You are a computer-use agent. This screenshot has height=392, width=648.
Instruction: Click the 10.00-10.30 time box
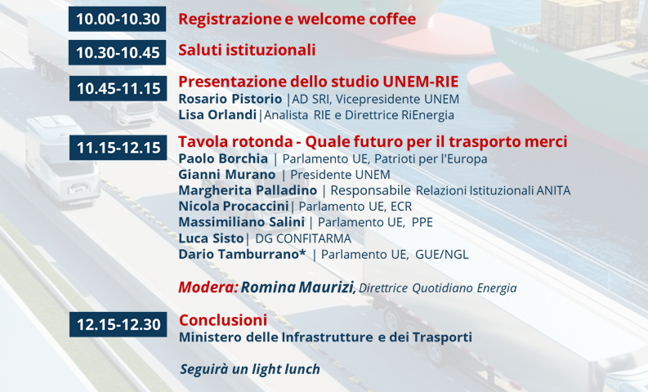pyautogui.click(x=118, y=19)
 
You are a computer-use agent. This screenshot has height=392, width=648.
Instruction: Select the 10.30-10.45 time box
pyautogui.click(x=118, y=52)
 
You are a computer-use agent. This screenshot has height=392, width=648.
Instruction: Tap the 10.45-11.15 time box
pyautogui.click(x=118, y=88)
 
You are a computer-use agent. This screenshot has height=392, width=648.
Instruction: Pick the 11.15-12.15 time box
pyautogui.click(x=118, y=148)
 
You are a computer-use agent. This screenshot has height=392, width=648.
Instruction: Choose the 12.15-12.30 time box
pyautogui.click(x=118, y=324)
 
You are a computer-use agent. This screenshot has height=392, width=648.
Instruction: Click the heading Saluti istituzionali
pyautogui.click(x=247, y=50)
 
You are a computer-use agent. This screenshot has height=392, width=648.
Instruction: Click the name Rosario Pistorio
pyautogui.click(x=230, y=99)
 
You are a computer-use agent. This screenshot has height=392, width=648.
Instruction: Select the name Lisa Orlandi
pyautogui.click(x=217, y=115)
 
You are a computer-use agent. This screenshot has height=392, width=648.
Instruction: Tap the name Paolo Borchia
pyautogui.click(x=223, y=158)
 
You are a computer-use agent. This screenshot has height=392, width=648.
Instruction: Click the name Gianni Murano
pyautogui.click(x=227, y=175)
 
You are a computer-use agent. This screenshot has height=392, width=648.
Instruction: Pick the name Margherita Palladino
pyautogui.click(x=248, y=190)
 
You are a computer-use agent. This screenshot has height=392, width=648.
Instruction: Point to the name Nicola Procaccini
pyautogui.click(x=234, y=206)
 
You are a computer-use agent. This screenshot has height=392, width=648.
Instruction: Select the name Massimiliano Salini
pyautogui.click(x=241, y=222)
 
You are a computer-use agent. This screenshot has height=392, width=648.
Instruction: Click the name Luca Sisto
pyautogui.click(x=211, y=238)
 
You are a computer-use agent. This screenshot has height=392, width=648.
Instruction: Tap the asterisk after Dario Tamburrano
pyautogui.click(x=302, y=252)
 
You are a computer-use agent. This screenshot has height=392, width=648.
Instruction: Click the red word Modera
pyautogui.click(x=208, y=287)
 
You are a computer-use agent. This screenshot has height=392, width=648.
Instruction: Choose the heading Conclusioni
pyautogui.click(x=223, y=320)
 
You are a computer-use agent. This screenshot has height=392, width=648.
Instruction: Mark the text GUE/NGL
pyautogui.click(x=442, y=255)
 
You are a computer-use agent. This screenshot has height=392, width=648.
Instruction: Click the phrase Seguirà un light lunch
pyautogui.click(x=250, y=369)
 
